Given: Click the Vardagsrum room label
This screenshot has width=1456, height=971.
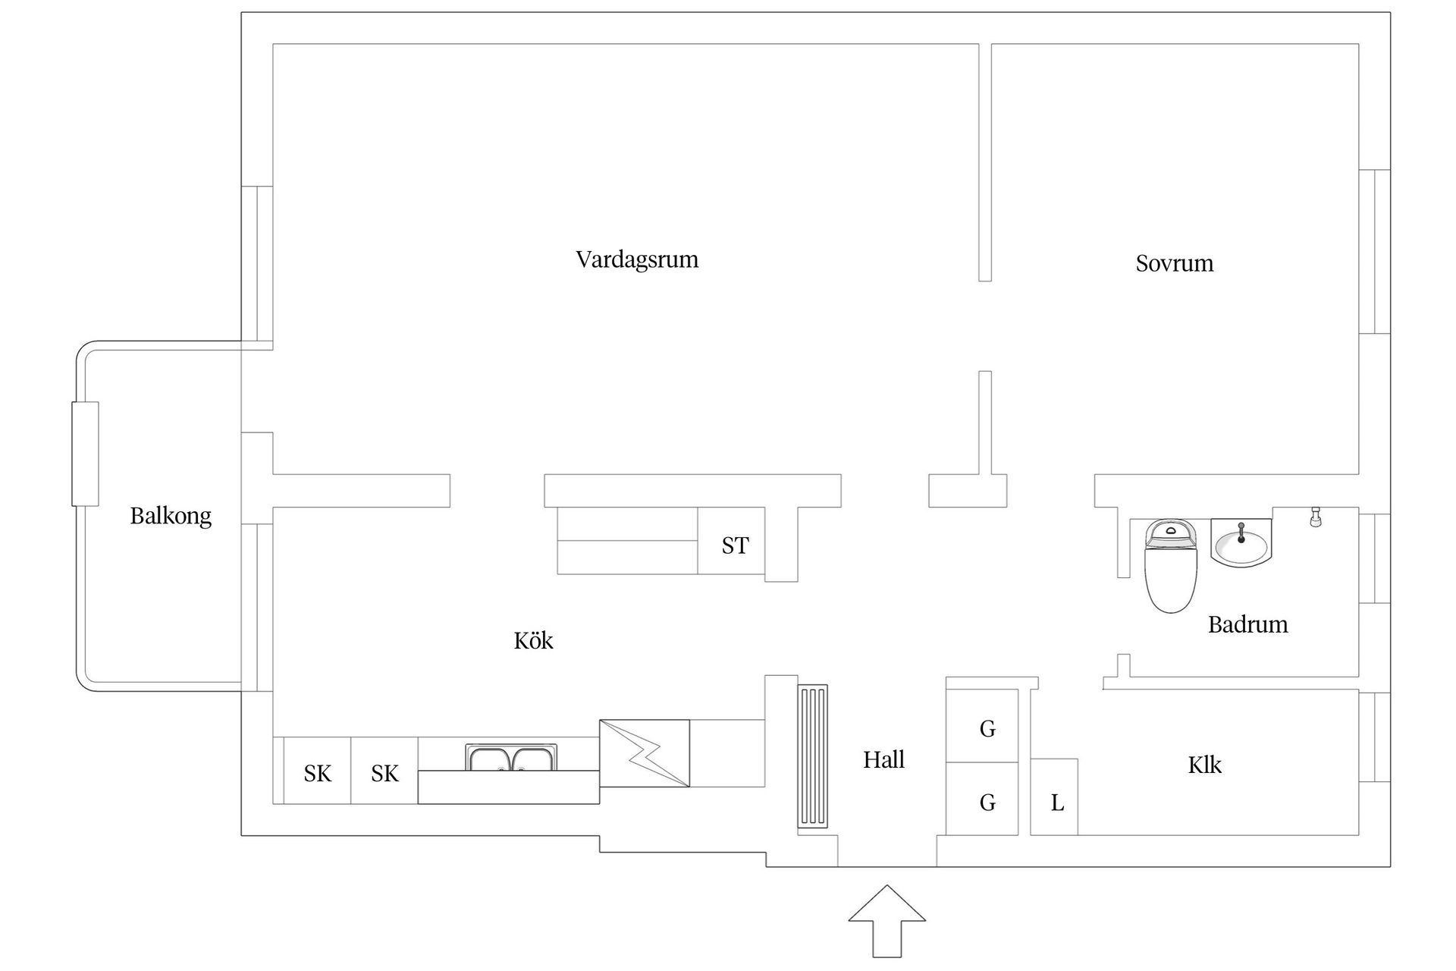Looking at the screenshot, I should pyautogui.click(x=637, y=259).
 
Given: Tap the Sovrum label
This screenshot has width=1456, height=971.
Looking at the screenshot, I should pyautogui.click(x=1174, y=263).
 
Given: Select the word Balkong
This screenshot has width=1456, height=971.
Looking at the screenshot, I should pyautogui.click(x=171, y=516).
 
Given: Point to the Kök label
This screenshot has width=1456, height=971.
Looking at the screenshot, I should pyautogui.click(x=533, y=641).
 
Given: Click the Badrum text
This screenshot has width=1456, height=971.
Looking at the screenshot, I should pyautogui.click(x=1247, y=624).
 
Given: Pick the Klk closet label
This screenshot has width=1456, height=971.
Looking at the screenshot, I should pyautogui.click(x=1204, y=765).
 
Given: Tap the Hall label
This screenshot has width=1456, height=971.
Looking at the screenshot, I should pyautogui.click(x=883, y=759).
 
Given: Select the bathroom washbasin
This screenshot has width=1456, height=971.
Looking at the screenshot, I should pyautogui.click(x=1241, y=543).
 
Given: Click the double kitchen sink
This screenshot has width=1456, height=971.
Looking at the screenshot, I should pyautogui.click(x=512, y=758).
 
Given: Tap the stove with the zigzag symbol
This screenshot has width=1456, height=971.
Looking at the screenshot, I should pyautogui.click(x=645, y=753).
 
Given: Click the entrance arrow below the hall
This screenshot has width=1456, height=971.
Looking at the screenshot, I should pyautogui.click(x=887, y=919).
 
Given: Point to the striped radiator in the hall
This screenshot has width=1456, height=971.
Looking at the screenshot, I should pyautogui.click(x=812, y=756).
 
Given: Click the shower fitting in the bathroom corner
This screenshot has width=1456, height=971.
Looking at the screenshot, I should pyautogui.click(x=1316, y=517).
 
